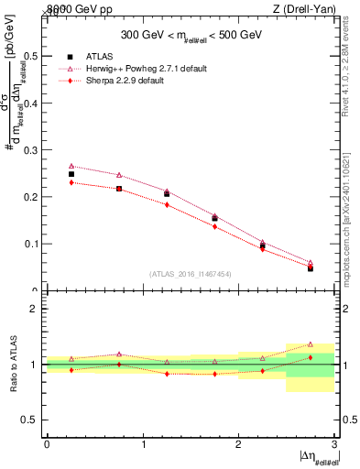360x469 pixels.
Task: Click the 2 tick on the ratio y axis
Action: [36, 310]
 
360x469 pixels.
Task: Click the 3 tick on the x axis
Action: [334, 444]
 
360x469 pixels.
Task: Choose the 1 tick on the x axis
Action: [143, 444]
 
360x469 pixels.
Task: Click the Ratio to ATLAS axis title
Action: [12, 365]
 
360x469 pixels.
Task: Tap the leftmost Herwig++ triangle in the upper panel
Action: [71, 167]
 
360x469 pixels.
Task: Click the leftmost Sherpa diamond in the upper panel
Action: [71, 182]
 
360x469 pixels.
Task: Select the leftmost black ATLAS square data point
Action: [71, 174]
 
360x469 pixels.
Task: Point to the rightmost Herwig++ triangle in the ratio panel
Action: [311, 344]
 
